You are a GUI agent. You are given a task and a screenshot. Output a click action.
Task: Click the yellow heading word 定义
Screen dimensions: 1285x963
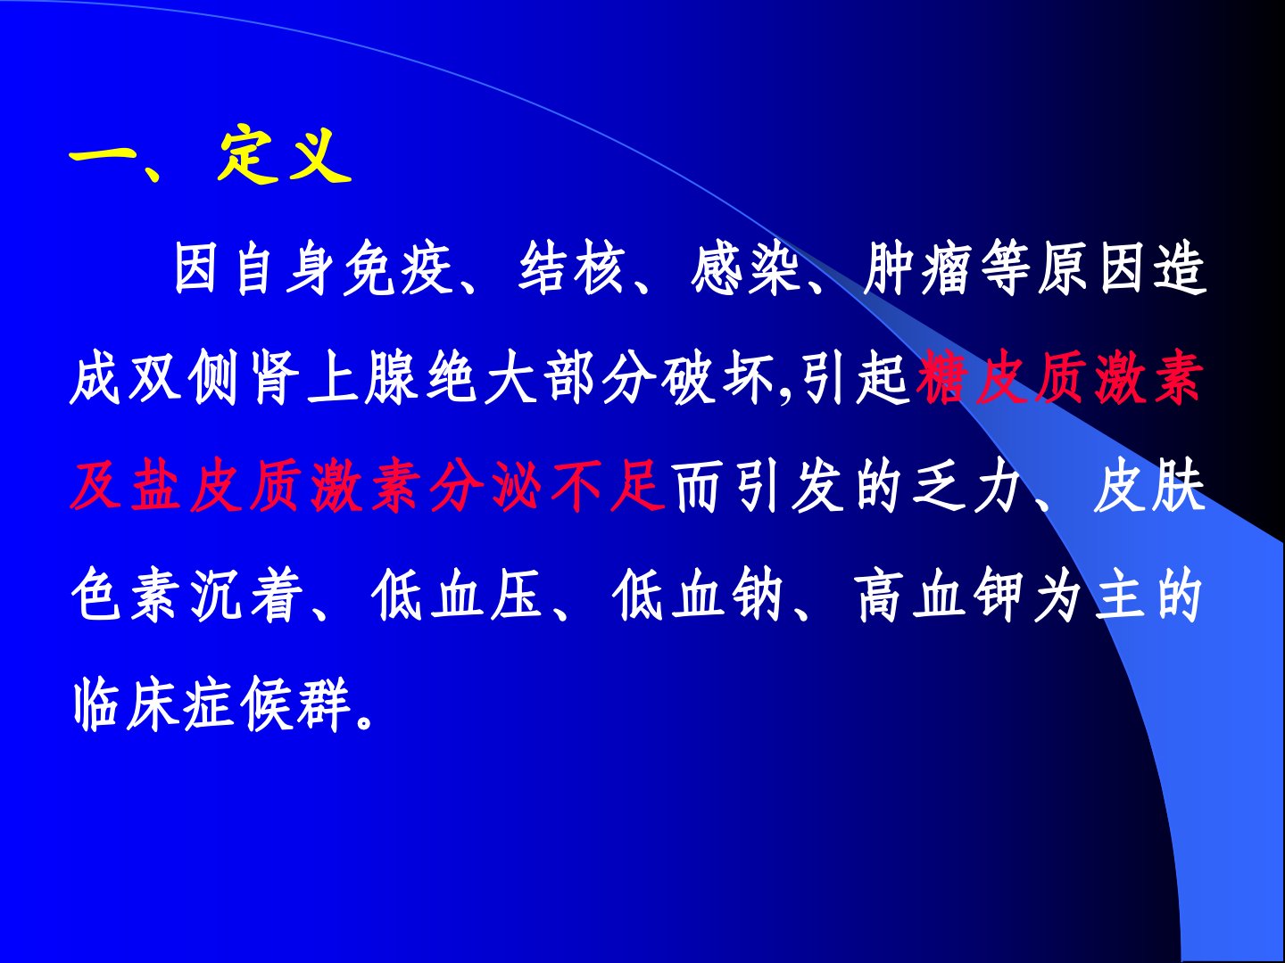coord(284,155)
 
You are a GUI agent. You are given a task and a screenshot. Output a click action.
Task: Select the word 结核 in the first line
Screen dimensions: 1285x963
coord(572,268)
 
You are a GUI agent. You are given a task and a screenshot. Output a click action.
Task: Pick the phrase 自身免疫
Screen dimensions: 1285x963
coord(344,268)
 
